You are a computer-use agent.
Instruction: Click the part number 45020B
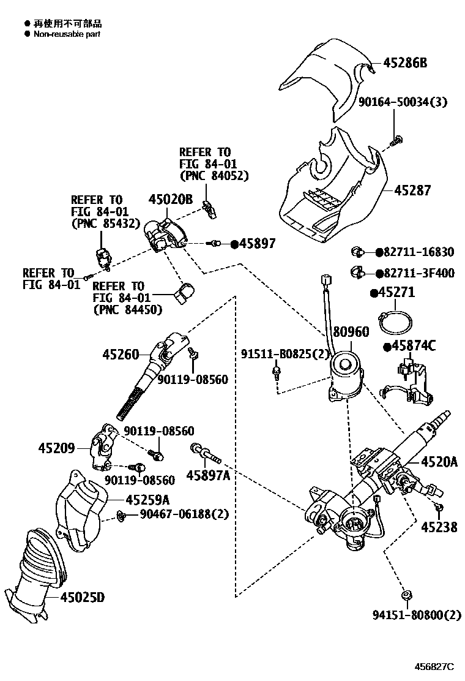click(x=171, y=199)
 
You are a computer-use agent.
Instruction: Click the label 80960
click(x=351, y=332)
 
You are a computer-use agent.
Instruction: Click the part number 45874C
click(x=413, y=347)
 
